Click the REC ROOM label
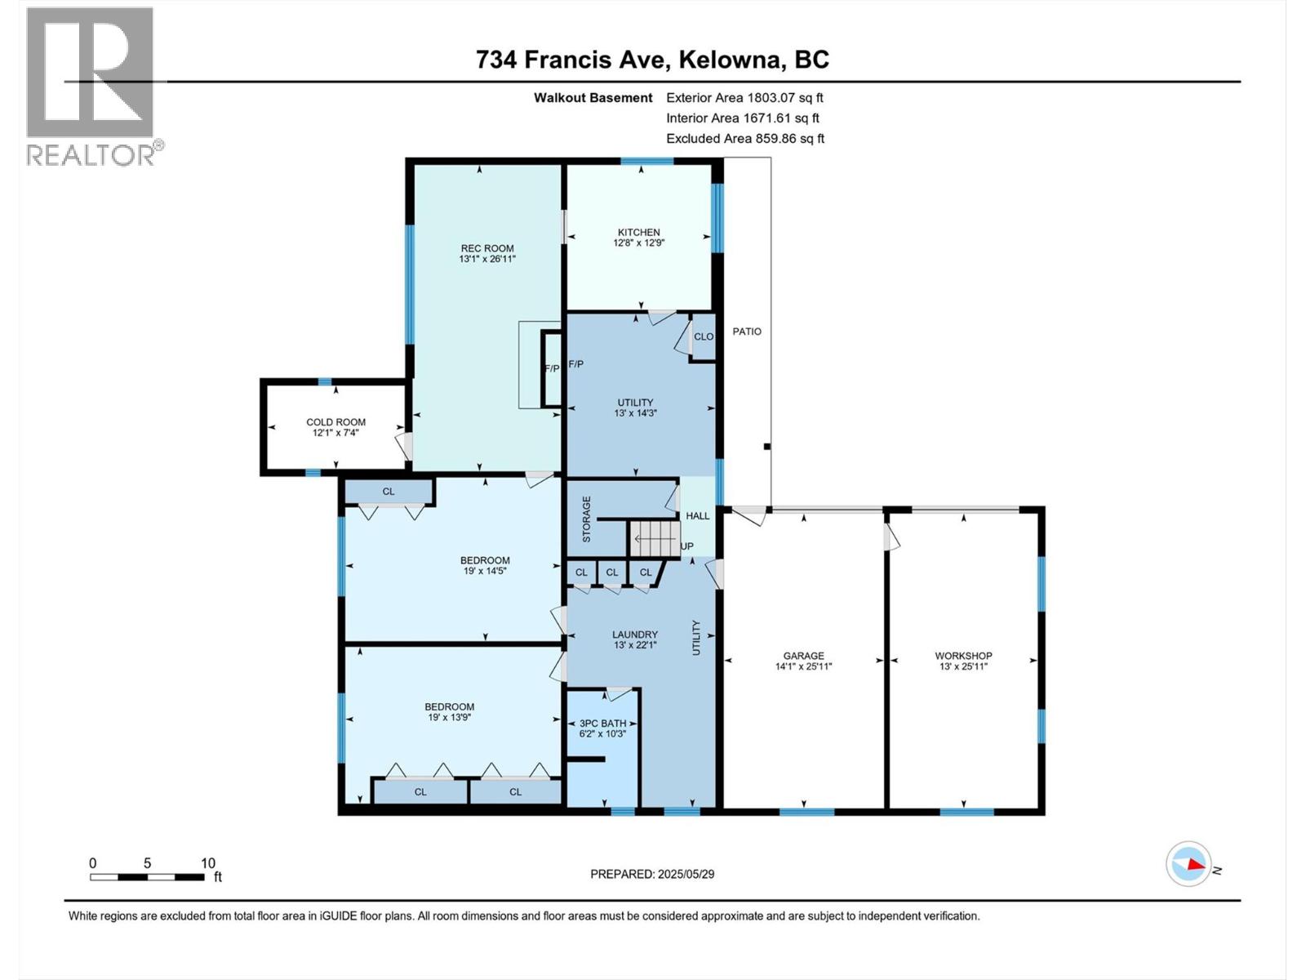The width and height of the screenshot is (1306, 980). tap(487, 248)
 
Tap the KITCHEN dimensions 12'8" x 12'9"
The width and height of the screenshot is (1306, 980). tap(638, 243)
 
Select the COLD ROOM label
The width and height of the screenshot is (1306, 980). tap(335, 422)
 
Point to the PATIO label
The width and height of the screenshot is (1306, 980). tap(747, 332)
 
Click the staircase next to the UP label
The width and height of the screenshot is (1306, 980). tap(654, 539)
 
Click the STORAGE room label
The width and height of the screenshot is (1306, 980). tap(586, 519)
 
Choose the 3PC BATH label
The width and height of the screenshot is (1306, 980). tap(602, 723)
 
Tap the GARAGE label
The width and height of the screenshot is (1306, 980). tap(803, 655)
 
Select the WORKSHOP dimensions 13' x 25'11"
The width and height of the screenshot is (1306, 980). tap(963, 666)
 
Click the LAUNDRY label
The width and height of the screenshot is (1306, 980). tap(635, 634)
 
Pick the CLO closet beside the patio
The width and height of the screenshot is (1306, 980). tap(703, 336)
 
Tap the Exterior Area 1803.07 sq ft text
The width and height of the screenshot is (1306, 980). tap(744, 98)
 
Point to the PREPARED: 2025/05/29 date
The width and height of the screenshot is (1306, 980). tap(652, 874)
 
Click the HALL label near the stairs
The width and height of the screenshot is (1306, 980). tap(697, 516)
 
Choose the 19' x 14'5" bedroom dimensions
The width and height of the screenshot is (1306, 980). tap(485, 571)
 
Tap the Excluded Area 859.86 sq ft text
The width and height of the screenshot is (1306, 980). tap(744, 139)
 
